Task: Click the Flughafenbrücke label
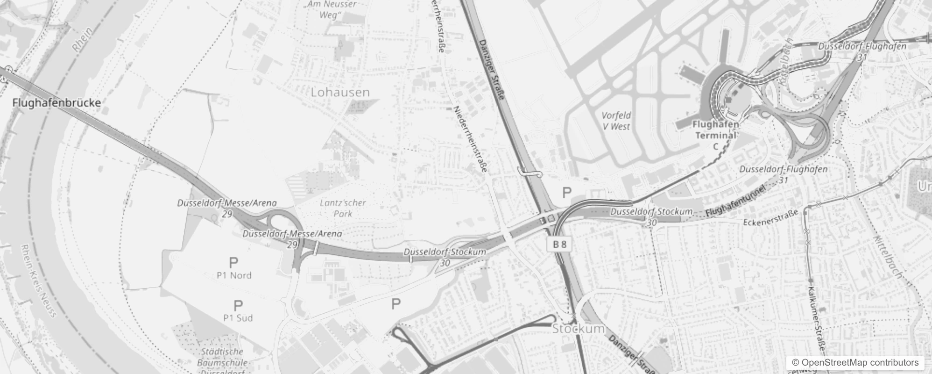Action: pyautogui.click(x=56, y=103)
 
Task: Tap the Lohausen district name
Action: pyautogui.click(x=340, y=92)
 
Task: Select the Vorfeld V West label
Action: pyautogui.click(x=616, y=121)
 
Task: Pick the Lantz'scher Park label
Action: pyautogui.click(x=343, y=208)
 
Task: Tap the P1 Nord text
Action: pyautogui.click(x=234, y=275)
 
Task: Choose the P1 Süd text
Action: pyautogui.click(x=238, y=318)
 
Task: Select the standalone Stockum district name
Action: pyautogui.click(x=578, y=329)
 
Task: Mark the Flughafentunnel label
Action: pyautogui.click(x=735, y=201)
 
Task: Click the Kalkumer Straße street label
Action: pyautogui.click(x=817, y=318)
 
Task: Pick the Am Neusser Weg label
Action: pyautogui.click(x=331, y=9)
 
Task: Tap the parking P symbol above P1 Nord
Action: pyautogui.click(x=233, y=263)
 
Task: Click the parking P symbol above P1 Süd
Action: pyautogui.click(x=238, y=306)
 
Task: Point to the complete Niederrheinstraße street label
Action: pyautogui.click(x=471, y=140)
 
